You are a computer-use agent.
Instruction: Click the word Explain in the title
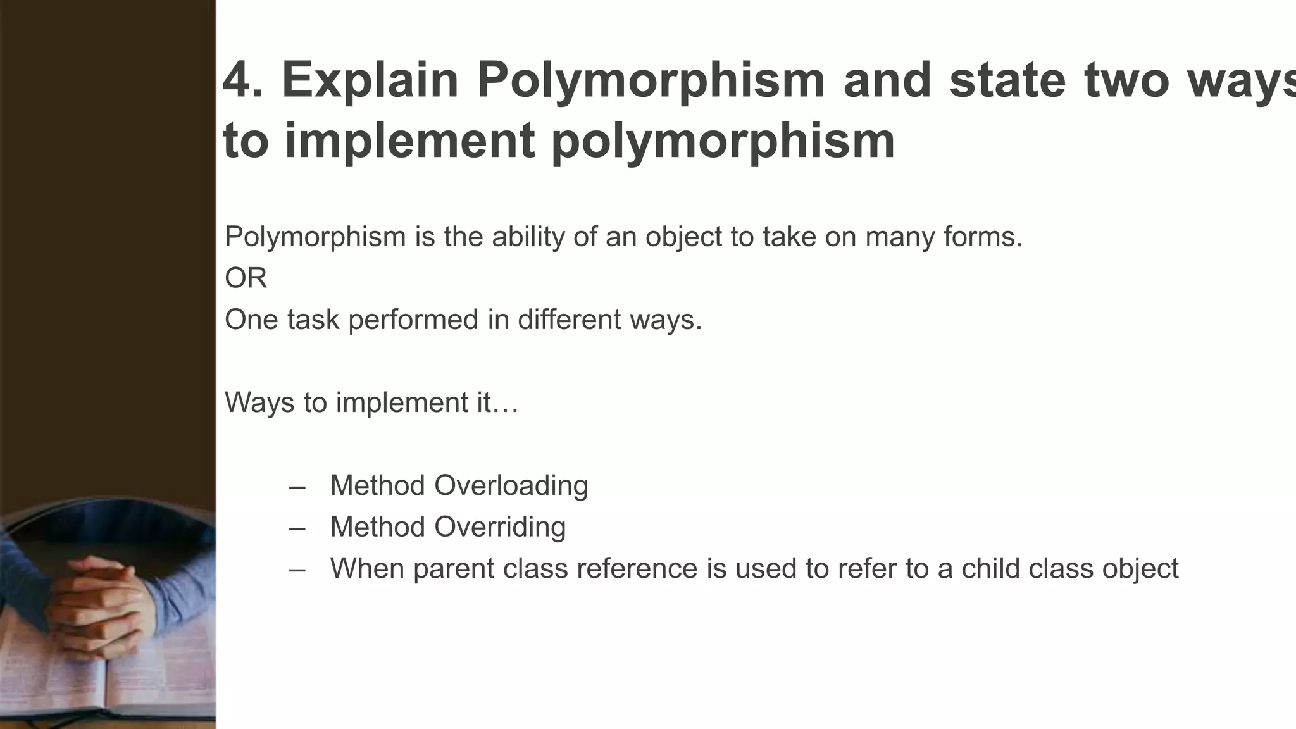[x=370, y=80]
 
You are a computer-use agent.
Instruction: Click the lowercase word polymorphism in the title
[x=723, y=140]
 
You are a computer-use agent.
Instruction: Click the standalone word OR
[x=246, y=278]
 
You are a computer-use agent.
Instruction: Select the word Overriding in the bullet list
[x=500, y=527]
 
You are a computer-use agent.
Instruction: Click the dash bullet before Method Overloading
[x=297, y=487]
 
